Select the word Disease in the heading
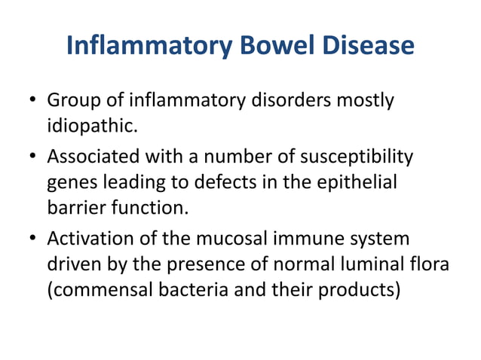coord(370,46)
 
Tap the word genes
coord(70,182)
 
